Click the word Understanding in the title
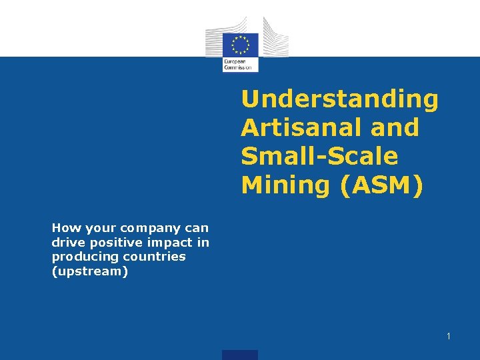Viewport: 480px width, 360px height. coord(340,99)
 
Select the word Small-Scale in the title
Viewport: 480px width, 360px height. coord(319,156)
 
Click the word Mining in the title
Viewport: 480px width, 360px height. coord(285,185)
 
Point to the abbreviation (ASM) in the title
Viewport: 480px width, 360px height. coord(381,185)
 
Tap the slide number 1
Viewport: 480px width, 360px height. coord(449,336)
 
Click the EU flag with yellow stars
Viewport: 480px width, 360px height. coord(240,45)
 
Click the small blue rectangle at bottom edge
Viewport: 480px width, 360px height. coord(240,355)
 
